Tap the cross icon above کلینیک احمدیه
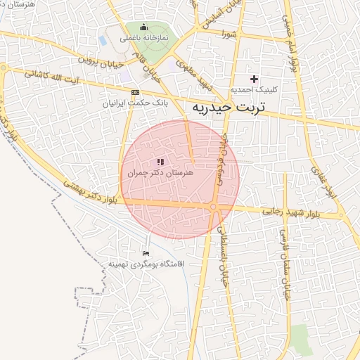pyautogui.click(x=254, y=79)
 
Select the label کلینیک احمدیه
pyautogui.click(x=254, y=90)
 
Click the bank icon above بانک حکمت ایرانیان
pyautogui.click(x=135, y=92)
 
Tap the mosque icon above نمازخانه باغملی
pyautogui.click(x=144, y=27)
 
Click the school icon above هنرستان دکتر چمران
pyautogui.click(x=161, y=162)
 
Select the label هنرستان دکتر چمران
pyautogui.click(x=161, y=173)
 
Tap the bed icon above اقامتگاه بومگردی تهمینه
pyautogui.click(x=146, y=253)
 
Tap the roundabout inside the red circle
pyautogui.click(x=213, y=206)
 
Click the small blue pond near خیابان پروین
pyautogui.click(x=103, y=40)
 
